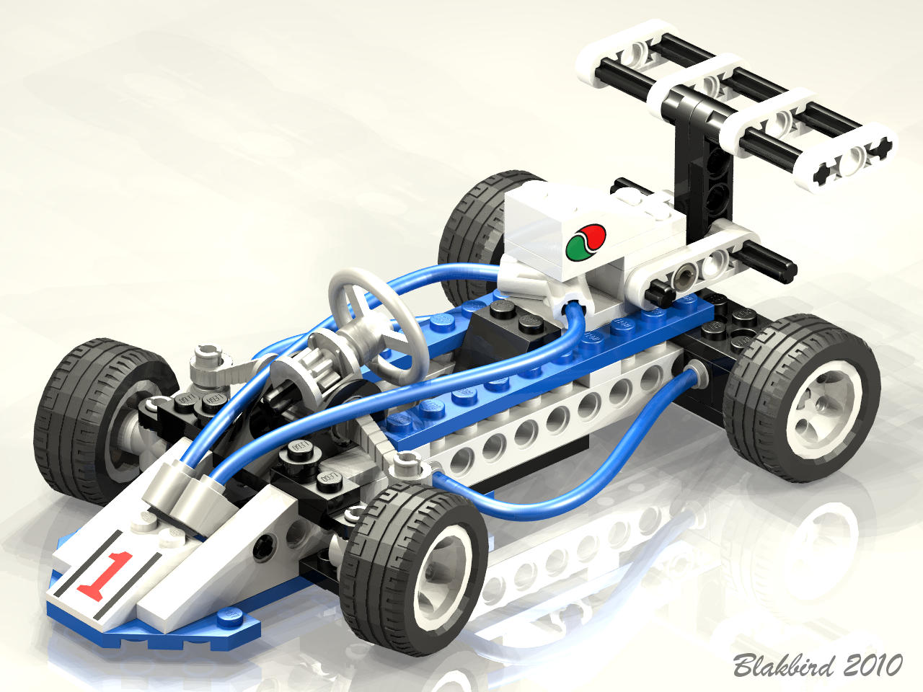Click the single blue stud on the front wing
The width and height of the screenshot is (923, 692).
tap(229, 615)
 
